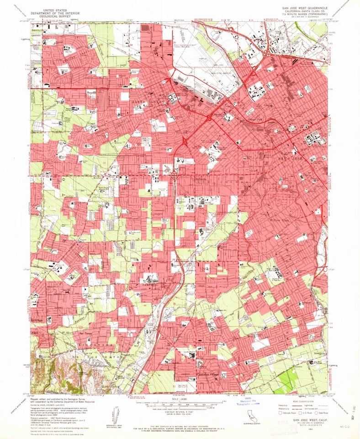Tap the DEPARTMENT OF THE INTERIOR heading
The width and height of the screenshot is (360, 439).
pyautogui.click(x=55, y=14)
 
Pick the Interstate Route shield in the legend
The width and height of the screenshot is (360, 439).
pyautogui.click(x=276, y=411)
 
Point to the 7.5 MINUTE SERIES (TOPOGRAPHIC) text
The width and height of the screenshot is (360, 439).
pyautogui.click(x=302, y=15)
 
